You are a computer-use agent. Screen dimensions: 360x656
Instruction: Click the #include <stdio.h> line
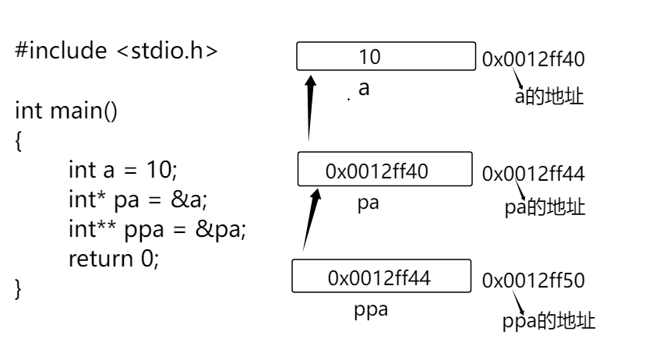116,55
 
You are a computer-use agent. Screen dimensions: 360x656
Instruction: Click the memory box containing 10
386,57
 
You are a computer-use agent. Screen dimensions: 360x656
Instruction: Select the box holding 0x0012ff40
386,171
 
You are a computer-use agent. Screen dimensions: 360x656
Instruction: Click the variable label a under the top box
363,89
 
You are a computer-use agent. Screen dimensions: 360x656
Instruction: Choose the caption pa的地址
544,208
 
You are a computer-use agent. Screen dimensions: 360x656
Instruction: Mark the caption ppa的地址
548,321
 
